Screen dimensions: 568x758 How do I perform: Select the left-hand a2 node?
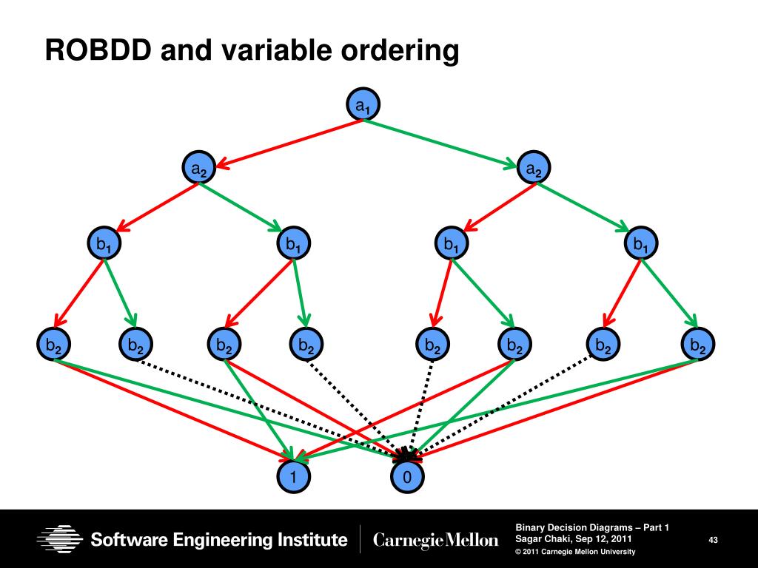pos(199,169)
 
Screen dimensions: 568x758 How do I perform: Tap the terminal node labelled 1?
pos(294,478)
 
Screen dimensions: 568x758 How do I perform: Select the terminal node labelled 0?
pos(406,478)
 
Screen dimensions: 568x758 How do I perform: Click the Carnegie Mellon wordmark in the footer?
pos(436,541)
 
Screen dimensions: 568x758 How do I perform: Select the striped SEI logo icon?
pos(60,539)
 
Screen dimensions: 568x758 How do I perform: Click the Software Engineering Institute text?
pos(219,540)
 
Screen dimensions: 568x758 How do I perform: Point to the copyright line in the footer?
pos(575,552)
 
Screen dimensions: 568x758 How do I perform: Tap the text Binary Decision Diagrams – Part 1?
pos(592,527)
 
